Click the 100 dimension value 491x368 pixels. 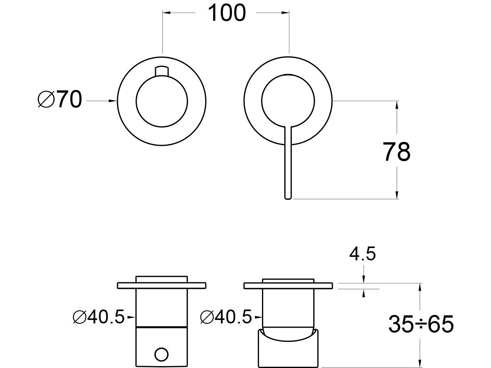point(227,13)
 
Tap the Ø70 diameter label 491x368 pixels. point(60,100)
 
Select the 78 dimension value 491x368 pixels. point(397,152)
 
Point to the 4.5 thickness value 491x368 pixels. point(362,254)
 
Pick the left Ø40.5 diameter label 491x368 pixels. point(99,317)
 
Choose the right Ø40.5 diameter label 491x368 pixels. point(226,317)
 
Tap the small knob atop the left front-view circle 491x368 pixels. point(162,71)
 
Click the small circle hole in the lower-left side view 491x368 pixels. point(162,355)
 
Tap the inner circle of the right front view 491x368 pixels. point(288,74)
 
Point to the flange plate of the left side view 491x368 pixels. point(162,286)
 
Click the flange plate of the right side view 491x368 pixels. point(288,286)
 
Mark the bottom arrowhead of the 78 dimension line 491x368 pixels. point(397,195)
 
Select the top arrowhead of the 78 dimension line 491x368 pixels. point(397,105)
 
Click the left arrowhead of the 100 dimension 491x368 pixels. point(167,13)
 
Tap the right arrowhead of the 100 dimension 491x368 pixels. point(285,13)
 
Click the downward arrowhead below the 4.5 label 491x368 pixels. point(364,279)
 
